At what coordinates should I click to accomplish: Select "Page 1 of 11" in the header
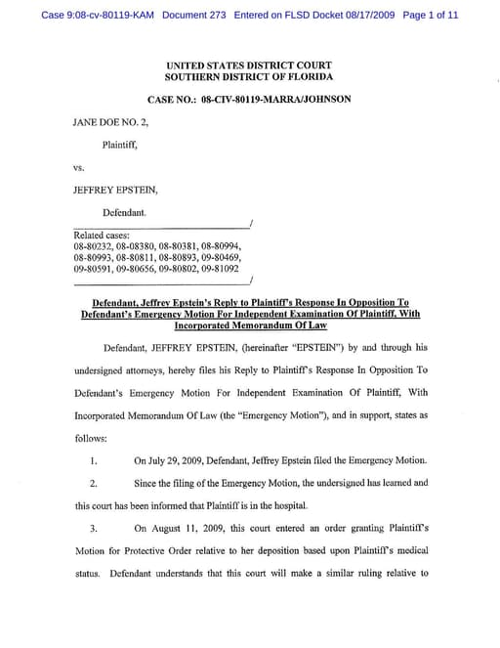430,16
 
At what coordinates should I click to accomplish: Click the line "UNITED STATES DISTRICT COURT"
249,65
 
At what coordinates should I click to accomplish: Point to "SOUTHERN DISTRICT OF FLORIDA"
249,76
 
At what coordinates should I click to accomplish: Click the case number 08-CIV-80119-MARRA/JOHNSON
276,100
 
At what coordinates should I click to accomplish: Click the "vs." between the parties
80,167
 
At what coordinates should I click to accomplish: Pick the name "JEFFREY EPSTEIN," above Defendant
110,190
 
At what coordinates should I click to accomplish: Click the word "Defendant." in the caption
125,211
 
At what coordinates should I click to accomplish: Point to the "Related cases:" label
101,236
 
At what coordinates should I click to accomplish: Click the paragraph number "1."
93,461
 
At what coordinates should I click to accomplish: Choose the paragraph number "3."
93,529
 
